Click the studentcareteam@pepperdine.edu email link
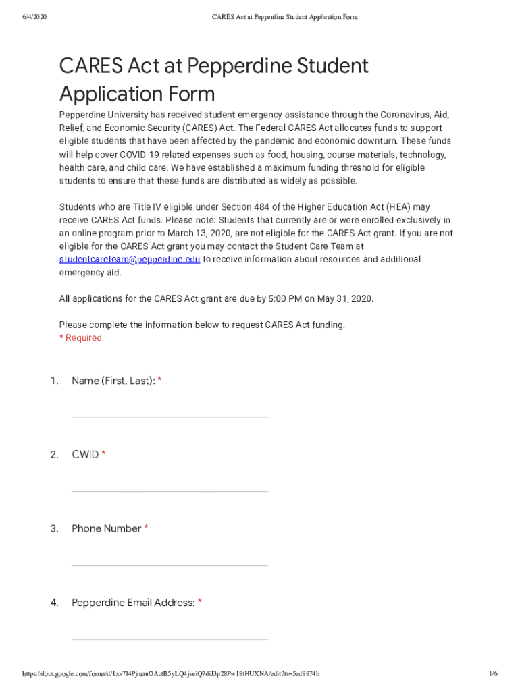pos(129,260)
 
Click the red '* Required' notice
pos(80,338)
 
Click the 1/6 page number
pos(493,674)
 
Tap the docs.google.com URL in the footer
pos(171,674)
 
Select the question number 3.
pos(54,528)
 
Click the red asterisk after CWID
pos(103,455)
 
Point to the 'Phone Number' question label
pos(106,528)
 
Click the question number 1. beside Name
pos(54,381)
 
